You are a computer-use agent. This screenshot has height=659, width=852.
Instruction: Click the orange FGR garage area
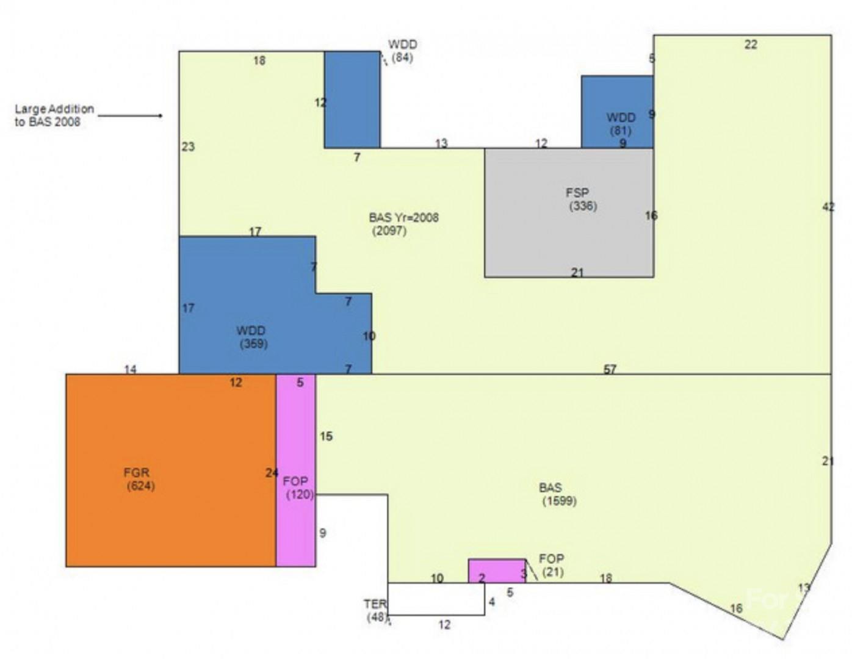tap(171, 470)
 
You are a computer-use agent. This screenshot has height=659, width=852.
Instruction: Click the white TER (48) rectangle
tap(436, 599)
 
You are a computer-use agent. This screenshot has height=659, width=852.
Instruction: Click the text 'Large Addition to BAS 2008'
tap(54, 115)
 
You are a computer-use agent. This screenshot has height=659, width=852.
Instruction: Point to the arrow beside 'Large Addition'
tap(130, 115)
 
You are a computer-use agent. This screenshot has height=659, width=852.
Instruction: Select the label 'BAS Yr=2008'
tap(403, 218)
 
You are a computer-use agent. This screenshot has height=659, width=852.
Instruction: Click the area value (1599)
tap(559, 502)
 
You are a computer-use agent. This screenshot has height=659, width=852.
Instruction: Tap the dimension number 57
tap(610, 369)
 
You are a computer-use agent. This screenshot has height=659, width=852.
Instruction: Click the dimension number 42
tap(828, 207)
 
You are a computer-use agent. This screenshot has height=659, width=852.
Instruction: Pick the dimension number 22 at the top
tap(751, 44)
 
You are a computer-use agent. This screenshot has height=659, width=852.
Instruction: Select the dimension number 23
tap(188, 146)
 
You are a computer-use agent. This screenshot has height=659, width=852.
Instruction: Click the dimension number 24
tap(272, 472)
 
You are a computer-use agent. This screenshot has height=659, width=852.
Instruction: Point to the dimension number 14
tap(131, 369)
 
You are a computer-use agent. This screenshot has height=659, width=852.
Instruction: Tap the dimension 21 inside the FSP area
tap(577, 273)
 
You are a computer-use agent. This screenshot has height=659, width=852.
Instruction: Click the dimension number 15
tap(326, 436)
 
